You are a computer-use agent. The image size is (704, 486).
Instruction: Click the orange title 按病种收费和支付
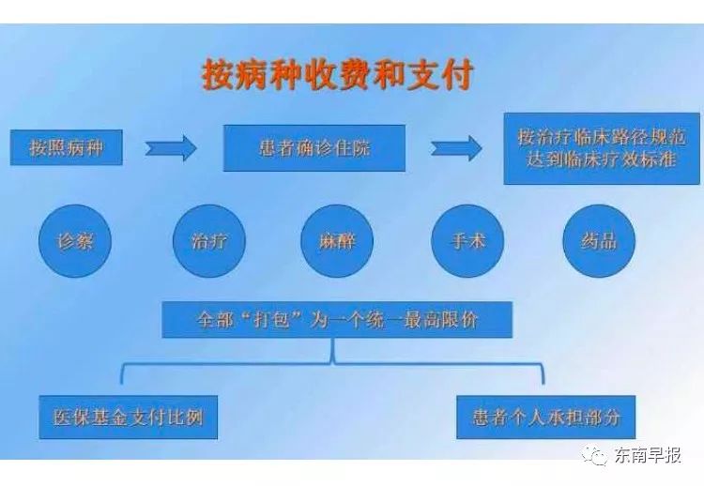point(337,74)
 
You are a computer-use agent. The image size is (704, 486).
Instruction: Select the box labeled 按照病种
point(67,147)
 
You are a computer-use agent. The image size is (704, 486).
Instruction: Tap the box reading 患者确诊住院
point(314,148)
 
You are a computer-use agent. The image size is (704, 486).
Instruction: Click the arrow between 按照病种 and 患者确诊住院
point(171,147)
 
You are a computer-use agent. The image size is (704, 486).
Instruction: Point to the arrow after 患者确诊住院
point(455,147)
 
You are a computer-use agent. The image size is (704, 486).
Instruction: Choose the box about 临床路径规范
point(602,148)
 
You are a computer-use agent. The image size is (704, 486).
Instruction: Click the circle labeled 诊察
point(75,241)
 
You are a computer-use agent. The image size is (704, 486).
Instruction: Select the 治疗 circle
point(209,241)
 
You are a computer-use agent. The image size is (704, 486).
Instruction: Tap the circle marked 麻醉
point(337,241)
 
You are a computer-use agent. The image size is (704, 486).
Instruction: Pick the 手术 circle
point(467,241)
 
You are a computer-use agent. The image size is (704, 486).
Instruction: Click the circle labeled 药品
point(599,241)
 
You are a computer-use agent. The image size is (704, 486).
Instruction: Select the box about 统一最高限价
point(337,320)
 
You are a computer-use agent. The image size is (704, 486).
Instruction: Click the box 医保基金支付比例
point(129,418)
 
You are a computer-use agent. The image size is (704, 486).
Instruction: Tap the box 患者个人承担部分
point(546,418)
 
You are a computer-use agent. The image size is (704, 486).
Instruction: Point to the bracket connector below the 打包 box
point(332,362)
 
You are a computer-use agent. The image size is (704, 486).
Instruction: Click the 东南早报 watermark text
point(648,455)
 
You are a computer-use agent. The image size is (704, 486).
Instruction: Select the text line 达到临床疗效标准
point(601,159)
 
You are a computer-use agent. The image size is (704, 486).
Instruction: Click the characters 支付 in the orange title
point(440,74)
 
